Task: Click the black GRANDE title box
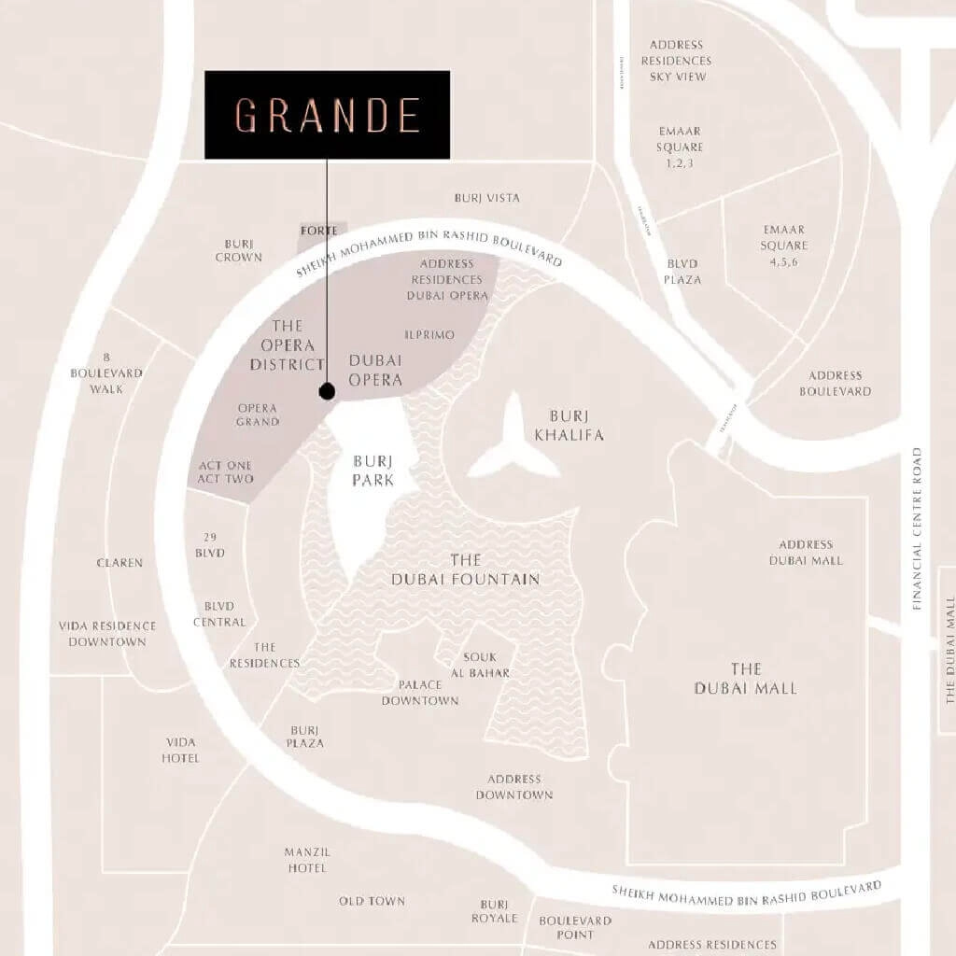tap(327, 114)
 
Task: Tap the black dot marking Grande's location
tap(327, 392)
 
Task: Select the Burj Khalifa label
tap(577, 425)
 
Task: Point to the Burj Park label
tap(373, 471)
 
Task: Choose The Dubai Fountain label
tap(465, 569)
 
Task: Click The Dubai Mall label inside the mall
tap(745, 679)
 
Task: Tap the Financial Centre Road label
tap(918, 528)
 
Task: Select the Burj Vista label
tap(486, 198)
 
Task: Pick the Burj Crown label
tap(238, 249)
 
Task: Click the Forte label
tap(319, 230)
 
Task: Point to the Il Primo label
tap(429, 333)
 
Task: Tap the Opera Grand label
tap(258, 415)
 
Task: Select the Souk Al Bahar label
tap(486, 665)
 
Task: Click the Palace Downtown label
tap(420, 692)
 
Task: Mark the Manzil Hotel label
tap(307, 860)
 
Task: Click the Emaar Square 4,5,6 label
tap(783, 246)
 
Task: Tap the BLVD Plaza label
tap(682, 272)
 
